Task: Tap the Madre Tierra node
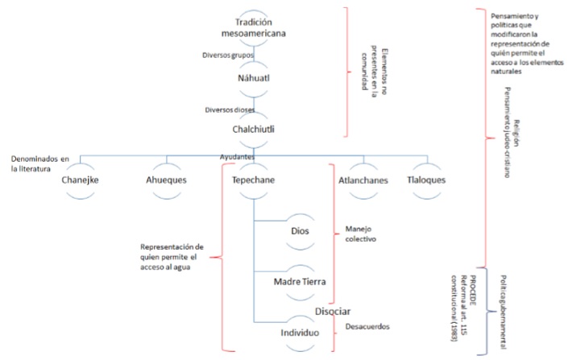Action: coord(300,281)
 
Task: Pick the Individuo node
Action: coord(300,332)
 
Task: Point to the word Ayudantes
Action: coord(238,155)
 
